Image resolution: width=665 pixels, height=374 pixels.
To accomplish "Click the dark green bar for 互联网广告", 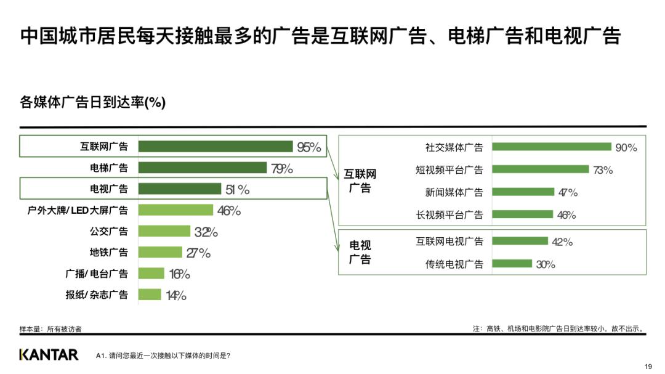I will pos(216,147).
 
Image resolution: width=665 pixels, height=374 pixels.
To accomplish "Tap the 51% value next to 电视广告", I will pos(238,190).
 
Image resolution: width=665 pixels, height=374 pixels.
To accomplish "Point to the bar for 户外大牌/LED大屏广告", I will pos(175,210).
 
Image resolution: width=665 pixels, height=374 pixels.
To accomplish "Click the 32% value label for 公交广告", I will pos(206,232).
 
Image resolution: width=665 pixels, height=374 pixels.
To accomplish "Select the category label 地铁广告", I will pos(109,252).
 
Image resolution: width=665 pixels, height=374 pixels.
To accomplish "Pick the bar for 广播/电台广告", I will pos(151,274).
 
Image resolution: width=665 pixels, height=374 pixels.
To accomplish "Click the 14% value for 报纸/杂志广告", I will pos(176,295).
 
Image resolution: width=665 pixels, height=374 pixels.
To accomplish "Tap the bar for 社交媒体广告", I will pos(552,147).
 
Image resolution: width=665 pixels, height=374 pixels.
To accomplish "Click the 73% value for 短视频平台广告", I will pos(603,170).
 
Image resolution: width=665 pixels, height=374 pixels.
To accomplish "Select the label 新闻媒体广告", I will pos(454,192).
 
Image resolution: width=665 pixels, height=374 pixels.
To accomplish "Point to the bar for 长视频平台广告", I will pos(523,214).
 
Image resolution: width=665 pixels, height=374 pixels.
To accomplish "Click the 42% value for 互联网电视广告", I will pos(562,242).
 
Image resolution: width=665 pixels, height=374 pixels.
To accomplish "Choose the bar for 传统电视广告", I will pos(512,264).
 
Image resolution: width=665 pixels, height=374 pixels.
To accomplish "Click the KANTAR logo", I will pos(49,355).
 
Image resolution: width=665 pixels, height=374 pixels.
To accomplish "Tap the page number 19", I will pos(647,367).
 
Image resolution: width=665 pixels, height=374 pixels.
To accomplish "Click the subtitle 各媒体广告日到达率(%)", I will pos(93,102).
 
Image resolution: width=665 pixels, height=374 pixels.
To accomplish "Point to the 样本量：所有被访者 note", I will pos(50,329).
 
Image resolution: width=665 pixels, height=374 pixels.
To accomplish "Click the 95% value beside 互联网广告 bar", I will pos(309,147).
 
